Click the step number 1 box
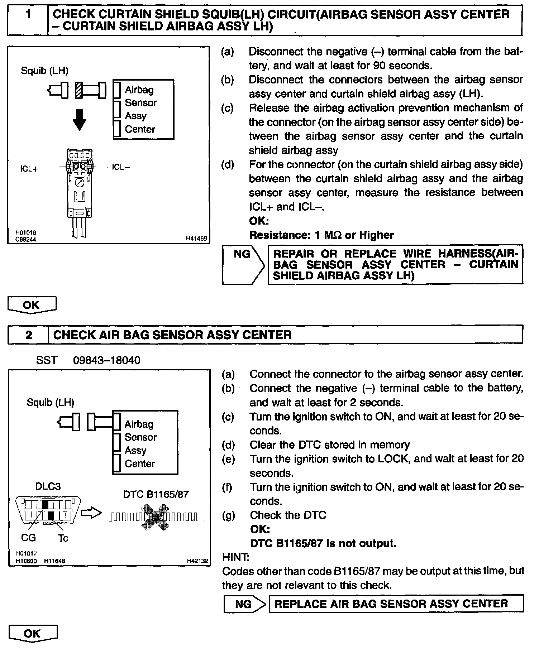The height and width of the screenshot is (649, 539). click(28, 20)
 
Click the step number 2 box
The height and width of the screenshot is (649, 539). click(28, 335)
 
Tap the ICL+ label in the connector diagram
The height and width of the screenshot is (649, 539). click(29, 169)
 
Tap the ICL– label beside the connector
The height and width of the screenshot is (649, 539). click(121, 167)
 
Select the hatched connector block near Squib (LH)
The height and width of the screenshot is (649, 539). click(78, 90)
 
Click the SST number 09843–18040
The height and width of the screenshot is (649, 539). click(107, 360)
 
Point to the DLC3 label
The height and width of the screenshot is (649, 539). click(48, 486)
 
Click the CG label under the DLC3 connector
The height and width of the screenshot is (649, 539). click(28, 538)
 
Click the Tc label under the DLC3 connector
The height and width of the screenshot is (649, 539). click(63, 538)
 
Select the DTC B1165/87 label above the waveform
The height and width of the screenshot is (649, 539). click(156, 494)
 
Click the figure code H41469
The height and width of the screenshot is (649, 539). click(196, 238)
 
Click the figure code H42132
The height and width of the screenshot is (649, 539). click(197, 561)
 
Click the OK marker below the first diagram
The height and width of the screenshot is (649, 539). click(32, 305)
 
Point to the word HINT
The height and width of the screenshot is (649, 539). click(236, 557)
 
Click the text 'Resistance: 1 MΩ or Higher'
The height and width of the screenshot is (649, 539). click(321, 235)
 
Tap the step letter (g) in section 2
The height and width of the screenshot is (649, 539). click(228, 515)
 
